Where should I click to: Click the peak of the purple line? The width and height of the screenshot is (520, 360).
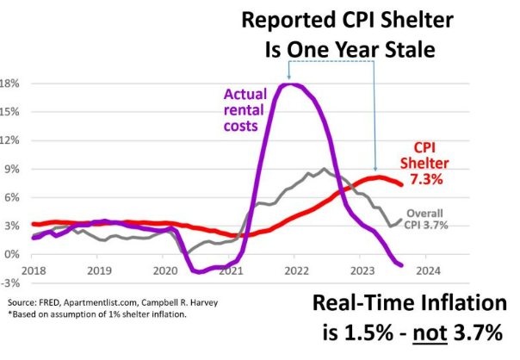293,84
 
